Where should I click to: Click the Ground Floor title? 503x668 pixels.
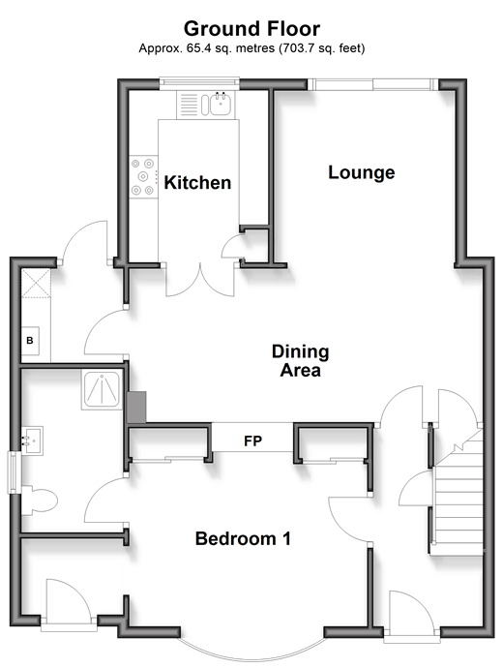(x=251, y=29)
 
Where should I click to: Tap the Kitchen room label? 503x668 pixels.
(x=197, y=183)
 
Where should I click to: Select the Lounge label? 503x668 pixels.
(x=362, y=172)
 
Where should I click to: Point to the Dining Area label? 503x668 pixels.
(x=301, y=361)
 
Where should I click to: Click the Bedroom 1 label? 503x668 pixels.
(x=243, y=538)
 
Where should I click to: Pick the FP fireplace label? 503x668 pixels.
(x=252, y=440)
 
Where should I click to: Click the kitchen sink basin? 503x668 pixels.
(x=221, y=104)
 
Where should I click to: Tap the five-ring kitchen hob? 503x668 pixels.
(x=142, y=177)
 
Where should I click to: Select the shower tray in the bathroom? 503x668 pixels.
(x=103, y=390)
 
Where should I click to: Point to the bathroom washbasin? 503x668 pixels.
(x=32, y=440)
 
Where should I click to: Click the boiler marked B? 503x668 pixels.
(x=30, y=341)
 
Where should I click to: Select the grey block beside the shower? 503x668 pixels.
(x=136, y=408)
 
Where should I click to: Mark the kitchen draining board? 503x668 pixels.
(x=189, y=105)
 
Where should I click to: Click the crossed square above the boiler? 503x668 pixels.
(x=36, y=284)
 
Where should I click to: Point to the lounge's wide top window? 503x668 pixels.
(x=373, y=84)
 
